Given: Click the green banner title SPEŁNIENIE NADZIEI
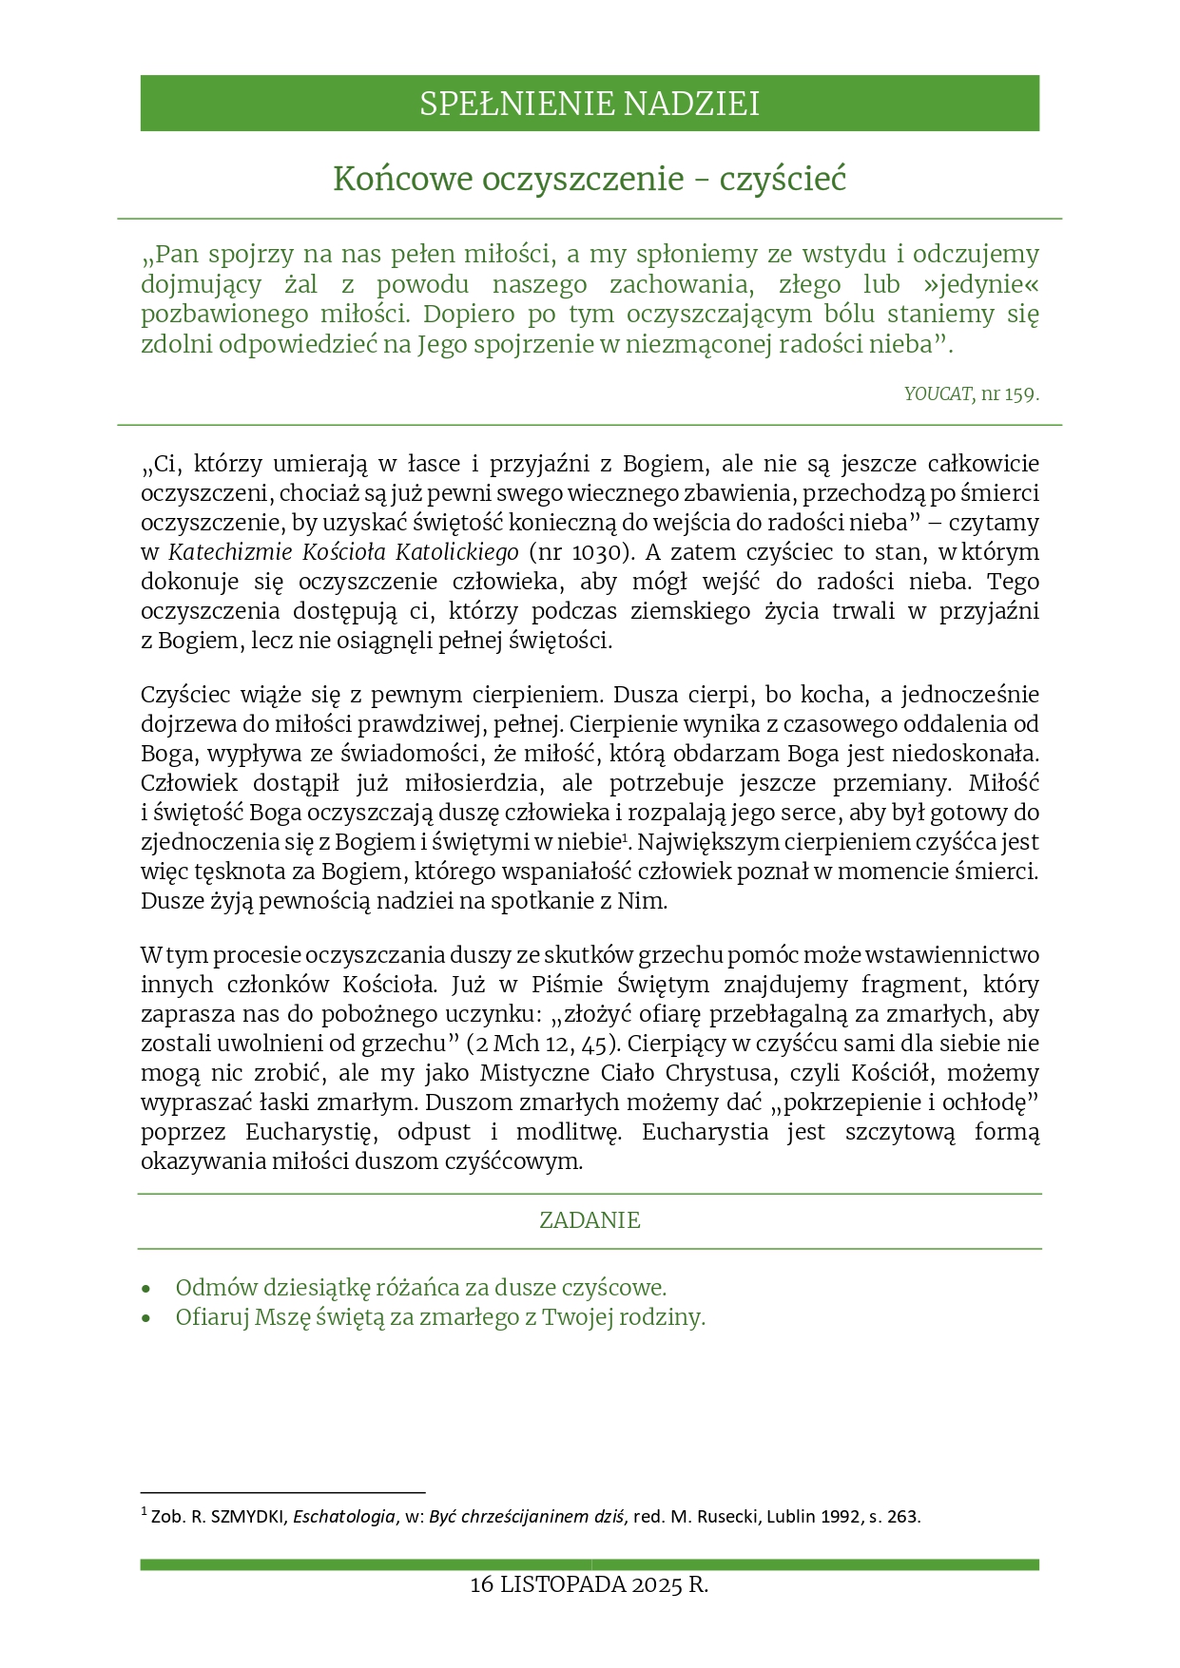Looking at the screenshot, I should [590, 104].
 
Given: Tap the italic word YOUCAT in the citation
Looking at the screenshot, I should [937, 393].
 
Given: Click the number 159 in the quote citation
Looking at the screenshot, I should [1019, 393].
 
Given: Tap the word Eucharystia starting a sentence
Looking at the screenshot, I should [705, 1132].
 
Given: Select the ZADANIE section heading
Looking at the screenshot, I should [590, 1220].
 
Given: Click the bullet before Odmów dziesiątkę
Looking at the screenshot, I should [145, 1289].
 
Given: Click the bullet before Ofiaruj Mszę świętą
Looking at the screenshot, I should [145, 1318].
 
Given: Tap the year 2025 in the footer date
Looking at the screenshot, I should [656, 1584].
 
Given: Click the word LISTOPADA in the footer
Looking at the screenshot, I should [562, 1584].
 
